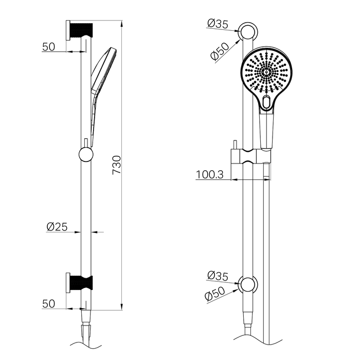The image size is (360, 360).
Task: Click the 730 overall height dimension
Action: tap(117, 165)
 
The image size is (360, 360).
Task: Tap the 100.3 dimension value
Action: tap(209, 174)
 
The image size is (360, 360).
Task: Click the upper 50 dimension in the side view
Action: tap(48, 46)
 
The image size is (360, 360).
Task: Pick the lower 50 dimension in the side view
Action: tap(48, 303)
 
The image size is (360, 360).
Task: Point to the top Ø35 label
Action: tap(218, 23)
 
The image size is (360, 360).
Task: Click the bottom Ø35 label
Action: tap(218, 276)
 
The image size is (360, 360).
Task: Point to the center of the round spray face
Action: tap(266, 74)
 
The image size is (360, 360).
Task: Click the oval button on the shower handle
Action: tap(266, 102)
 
